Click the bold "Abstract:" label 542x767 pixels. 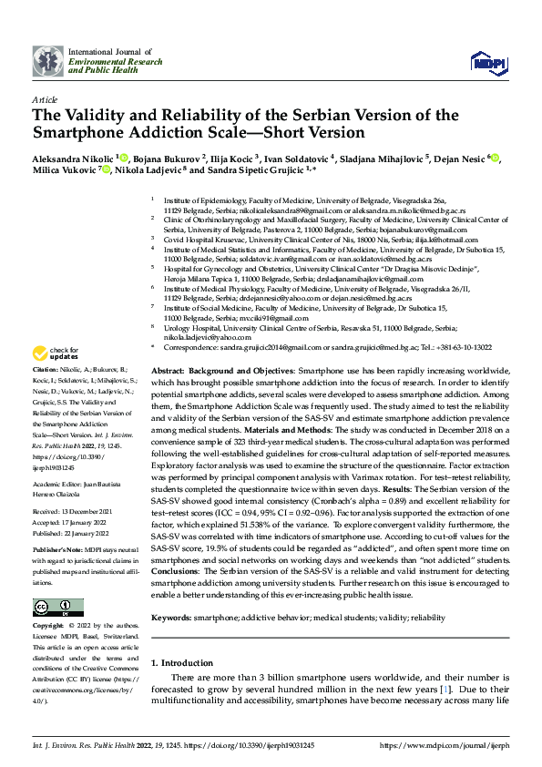coord(168,399)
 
